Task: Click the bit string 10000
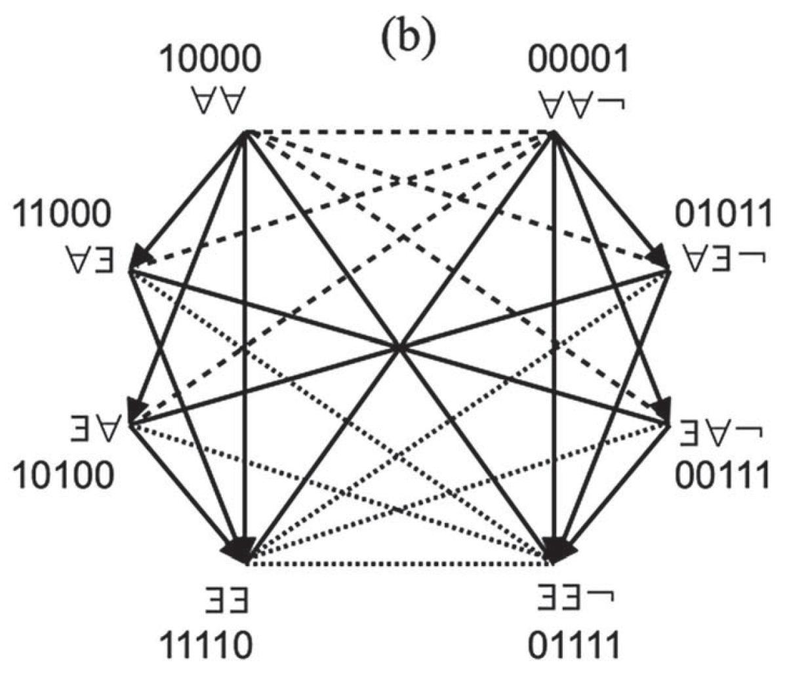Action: [x=211, y=60]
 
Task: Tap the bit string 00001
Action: [x=578, y=60]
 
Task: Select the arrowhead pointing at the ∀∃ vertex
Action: [x=142, y=255]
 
